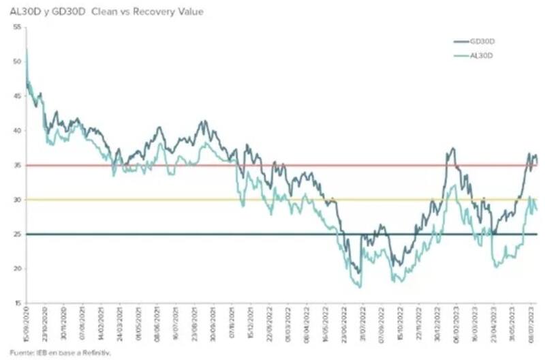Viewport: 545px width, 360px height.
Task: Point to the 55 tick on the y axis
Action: point(17,27)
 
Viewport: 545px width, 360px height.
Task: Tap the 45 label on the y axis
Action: point(17,95)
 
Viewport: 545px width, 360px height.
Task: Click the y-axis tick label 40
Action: point(17,130)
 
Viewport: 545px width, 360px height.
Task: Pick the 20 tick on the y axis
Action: point(17,269)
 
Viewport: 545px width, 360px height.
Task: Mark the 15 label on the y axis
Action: point(17,303)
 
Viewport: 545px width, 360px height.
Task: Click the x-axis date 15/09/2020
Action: point(26,326)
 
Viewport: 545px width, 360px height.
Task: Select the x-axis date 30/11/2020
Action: point(63,326)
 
